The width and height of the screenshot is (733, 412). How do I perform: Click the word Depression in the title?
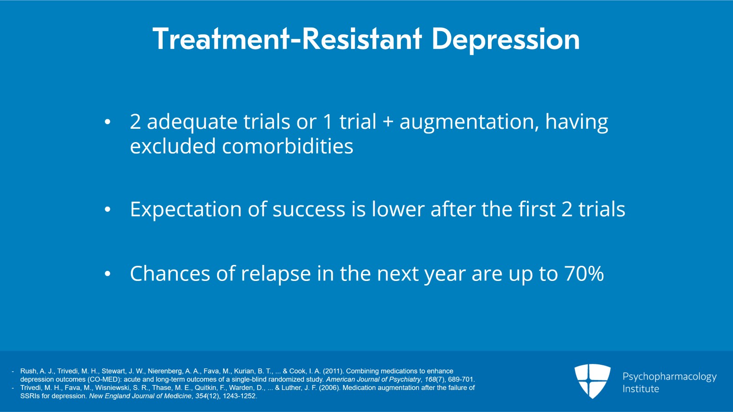(x=506, y=39)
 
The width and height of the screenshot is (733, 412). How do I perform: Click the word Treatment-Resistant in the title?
(x=287, y=39)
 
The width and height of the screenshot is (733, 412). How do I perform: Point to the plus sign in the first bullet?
(x=388, y=122)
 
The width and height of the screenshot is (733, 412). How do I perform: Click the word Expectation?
(x=186, y=209)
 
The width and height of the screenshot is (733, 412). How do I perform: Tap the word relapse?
(x=276, y=274)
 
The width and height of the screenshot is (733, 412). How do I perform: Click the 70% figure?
(x=584, y=274)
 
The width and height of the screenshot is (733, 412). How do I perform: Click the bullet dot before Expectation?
(x=108, y=209)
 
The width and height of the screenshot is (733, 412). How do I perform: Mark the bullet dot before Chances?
(x=108, y=274)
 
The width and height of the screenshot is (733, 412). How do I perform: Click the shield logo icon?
(x=592, y=381)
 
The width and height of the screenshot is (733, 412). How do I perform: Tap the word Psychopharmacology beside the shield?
(x=669, y=377)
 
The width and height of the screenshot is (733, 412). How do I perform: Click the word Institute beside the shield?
(x=641, y=389)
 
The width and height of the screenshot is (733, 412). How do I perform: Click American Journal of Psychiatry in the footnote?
(x=373, y=379)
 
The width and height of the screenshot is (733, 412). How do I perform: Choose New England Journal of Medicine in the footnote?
(x=140, y=396)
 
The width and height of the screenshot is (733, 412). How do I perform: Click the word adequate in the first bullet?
(x=192, y=122)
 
